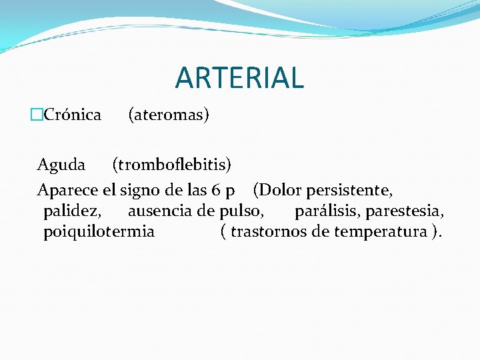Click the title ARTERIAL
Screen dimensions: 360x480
(239, 77)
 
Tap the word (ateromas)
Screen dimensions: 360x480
(169, 115)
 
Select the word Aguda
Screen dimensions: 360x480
(61, 164)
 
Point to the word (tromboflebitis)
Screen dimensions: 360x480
(172, 164)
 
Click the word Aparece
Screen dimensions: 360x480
(67, 191)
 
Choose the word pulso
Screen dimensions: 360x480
(245, 212)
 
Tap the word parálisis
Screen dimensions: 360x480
(327, 211)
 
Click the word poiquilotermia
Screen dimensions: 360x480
(99, 232)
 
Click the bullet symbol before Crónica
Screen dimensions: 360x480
(37, 115)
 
